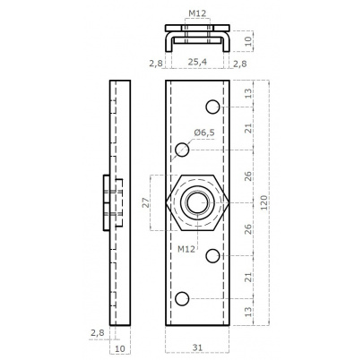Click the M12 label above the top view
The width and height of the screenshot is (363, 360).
click(x=197, y=13)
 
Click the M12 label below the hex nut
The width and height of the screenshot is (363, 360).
click(x=186, y=249)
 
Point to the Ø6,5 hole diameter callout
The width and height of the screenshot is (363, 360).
click(x=204, y=133)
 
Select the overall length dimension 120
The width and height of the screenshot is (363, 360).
click(x=264, y=202)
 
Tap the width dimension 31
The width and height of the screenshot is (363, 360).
click(x=197, y=347)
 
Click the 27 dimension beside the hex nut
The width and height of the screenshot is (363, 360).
click(x=145, y=202)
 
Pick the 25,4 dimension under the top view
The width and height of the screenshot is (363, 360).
click(x=197, y=62)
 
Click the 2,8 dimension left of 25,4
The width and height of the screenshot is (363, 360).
click(x=156, y=64)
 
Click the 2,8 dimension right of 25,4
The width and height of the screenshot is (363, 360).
click(x=240, y=64)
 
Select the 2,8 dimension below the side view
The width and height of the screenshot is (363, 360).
click(x=98, y=332)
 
